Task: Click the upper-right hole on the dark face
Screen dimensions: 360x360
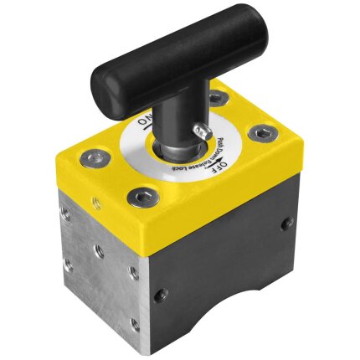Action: coord(286,224)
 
